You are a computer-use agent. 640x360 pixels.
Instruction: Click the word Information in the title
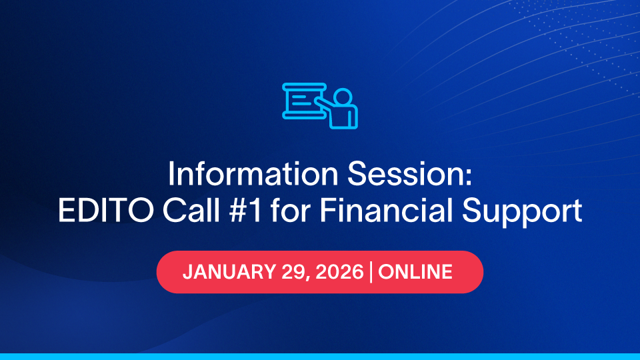pyautogui.click(x=253, y=174)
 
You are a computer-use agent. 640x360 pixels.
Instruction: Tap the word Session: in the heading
pyautogui.click(x=410, y=174)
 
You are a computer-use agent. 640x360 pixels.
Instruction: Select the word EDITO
pyautogui.click(x=106, y=211)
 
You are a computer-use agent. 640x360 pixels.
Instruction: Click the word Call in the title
pyautogui.click(x=191, y=211)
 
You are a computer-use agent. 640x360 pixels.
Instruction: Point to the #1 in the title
pyautogui.click(x=246, y=211)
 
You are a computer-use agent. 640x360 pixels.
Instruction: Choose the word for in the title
pyautogui.click(x=290, y=211)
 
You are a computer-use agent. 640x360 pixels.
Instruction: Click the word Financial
pyautogui.click(x=386, y=211)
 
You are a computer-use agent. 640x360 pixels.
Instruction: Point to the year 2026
pyautogui.click(x=339, y=272)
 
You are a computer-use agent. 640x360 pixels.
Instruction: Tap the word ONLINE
pyautogui.click(x=415, y=272)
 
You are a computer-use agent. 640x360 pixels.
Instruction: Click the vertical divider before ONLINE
pyautogui.click(x=371, y=272)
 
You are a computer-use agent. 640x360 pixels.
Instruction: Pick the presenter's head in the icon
pyautogui.click(x=343, y=97)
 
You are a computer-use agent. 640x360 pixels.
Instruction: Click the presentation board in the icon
pyautogui.click(x=304, y=101)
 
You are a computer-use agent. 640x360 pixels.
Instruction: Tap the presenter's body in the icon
pyautogui.click(x=344, y=117)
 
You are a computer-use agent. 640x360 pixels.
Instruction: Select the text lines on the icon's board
pyautogui.click(x=301, y=100)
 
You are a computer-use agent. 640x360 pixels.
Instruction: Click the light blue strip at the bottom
pyautogui.click(x=320, y=357)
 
